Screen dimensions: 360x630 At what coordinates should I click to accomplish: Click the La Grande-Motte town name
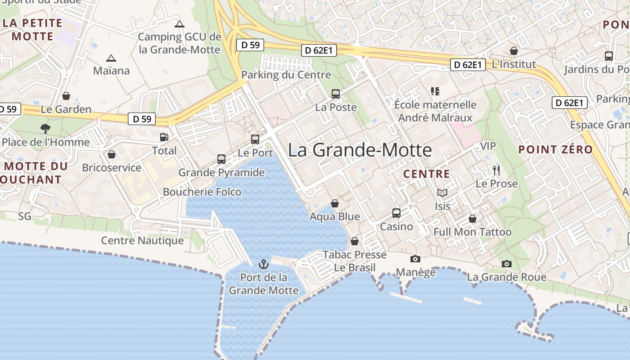click(x=360, y=150)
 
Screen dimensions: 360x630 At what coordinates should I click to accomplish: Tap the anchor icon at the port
click(x=264, y=264)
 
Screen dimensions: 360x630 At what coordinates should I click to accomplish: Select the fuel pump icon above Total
click(x=164, y=137)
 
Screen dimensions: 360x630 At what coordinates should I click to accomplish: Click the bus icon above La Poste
click(x=336, y=94)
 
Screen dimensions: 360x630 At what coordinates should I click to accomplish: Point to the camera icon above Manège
click(x=415, y=259)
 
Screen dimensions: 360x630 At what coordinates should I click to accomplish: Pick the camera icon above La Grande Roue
click(x=507, y=264)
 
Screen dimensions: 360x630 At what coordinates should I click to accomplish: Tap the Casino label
click(x=396, y=226)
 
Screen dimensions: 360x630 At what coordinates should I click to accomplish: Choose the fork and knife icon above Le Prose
click(x=496, y=171)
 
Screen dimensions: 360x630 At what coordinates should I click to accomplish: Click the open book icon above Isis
click(x=442, y=193)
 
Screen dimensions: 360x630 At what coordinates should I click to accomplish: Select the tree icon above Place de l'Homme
click(x=45, y=129)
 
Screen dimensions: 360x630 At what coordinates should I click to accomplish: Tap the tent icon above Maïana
click(x=111, y=58)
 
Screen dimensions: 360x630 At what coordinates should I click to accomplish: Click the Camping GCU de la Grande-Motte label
click(x=180, y=43)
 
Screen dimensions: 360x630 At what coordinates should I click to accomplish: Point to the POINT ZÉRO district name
click(x=555, y=150)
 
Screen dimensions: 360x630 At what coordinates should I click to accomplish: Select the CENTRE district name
click(x=427, y=174)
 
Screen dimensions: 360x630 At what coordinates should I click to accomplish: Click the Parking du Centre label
click(x=286, y=75)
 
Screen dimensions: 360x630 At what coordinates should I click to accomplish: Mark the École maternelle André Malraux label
click(x=435, y=111)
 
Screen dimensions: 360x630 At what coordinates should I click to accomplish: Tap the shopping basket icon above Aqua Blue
click(x=335, y=203)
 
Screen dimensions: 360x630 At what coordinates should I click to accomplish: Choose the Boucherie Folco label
click(x=202, y=192)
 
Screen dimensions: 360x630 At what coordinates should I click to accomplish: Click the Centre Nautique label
click(x=142, y=240)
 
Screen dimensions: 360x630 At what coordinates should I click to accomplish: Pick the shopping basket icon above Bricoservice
click(x=112, y=155)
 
